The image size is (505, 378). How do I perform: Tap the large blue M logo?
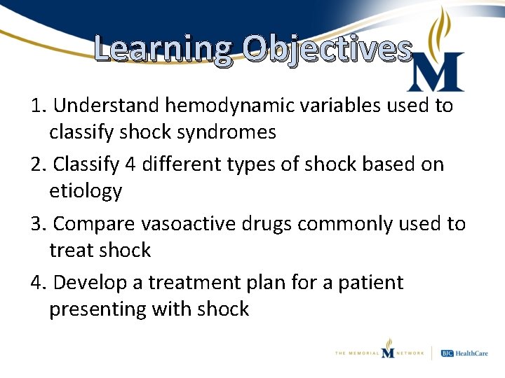pos(436,72)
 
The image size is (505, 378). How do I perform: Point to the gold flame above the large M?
pos(443,28)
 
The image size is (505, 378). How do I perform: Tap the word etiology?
pos(86,190)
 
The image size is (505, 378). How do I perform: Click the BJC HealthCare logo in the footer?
pos(465,353)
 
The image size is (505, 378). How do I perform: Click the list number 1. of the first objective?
pos(39,106)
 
